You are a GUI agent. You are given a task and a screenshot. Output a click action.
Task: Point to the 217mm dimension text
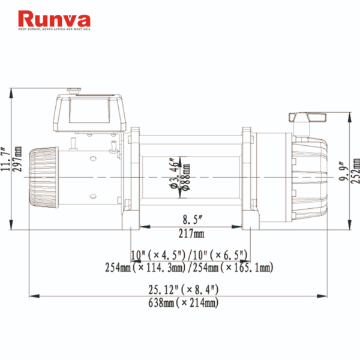[192, 233]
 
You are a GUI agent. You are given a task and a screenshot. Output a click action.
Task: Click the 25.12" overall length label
[183, 290]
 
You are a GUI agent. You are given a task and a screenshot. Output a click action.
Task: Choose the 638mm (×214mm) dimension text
[183, 303]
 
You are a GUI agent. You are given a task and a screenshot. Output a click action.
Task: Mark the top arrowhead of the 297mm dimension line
[12, 91]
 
